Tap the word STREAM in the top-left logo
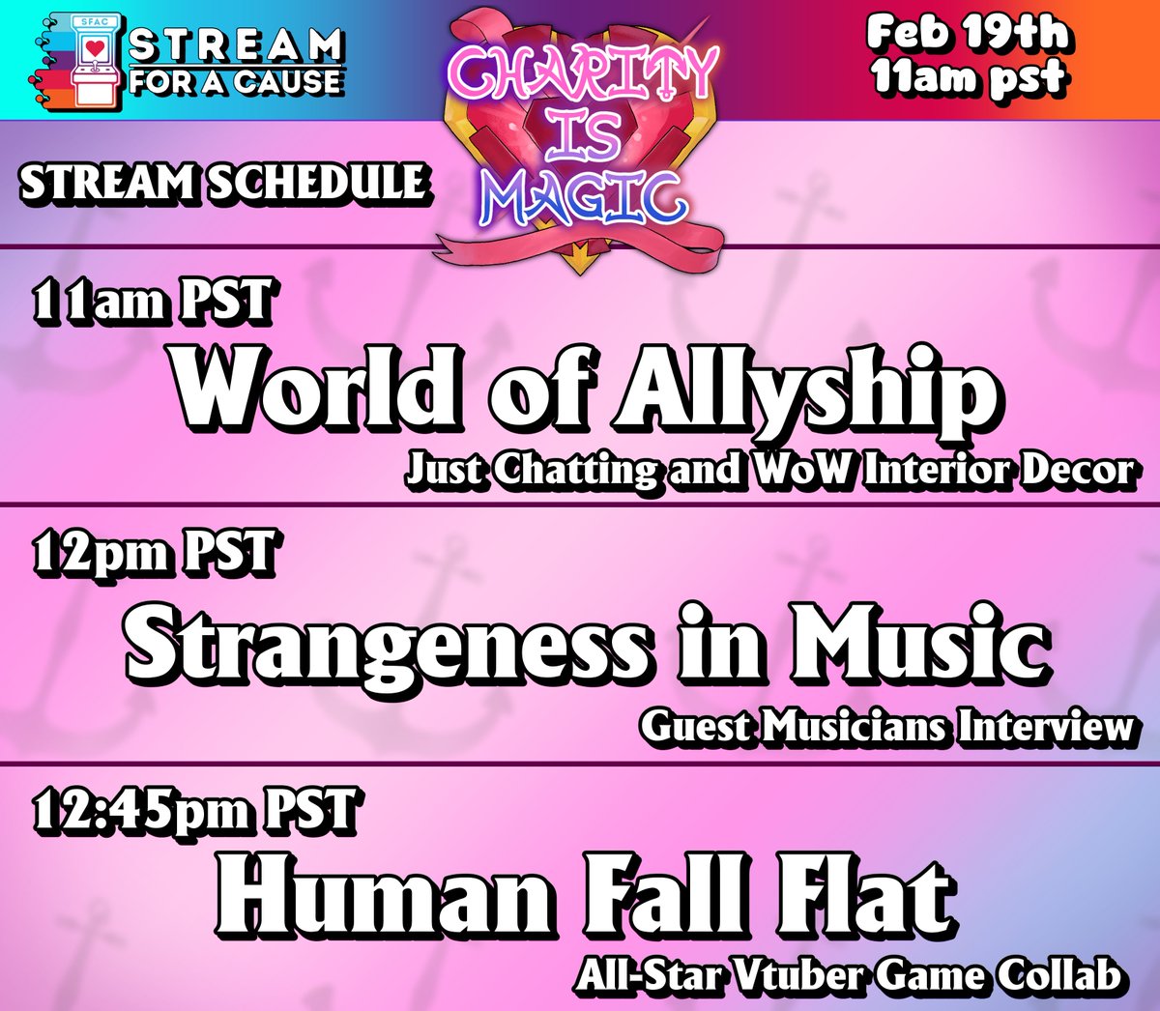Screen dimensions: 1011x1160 coord(237,44)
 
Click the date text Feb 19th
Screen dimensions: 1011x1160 coord(968,34)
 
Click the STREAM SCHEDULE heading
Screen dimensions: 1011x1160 coord(223,183)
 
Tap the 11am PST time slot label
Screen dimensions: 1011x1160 coord(152,302)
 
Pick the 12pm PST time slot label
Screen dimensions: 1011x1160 coord(155,555)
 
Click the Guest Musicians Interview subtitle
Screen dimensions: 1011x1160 coord(885,726)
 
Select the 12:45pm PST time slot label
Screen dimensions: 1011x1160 coord(194,810)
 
